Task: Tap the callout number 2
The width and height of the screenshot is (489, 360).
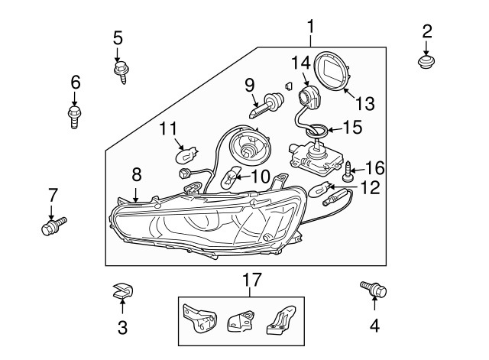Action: pos(427,31)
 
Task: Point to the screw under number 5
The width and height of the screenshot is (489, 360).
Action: pos(120,72)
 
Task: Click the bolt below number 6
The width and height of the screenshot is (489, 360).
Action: pos(74,116)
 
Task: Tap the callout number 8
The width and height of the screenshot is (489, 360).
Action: pos(137,174)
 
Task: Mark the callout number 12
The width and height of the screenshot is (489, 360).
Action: pos(370,186)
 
